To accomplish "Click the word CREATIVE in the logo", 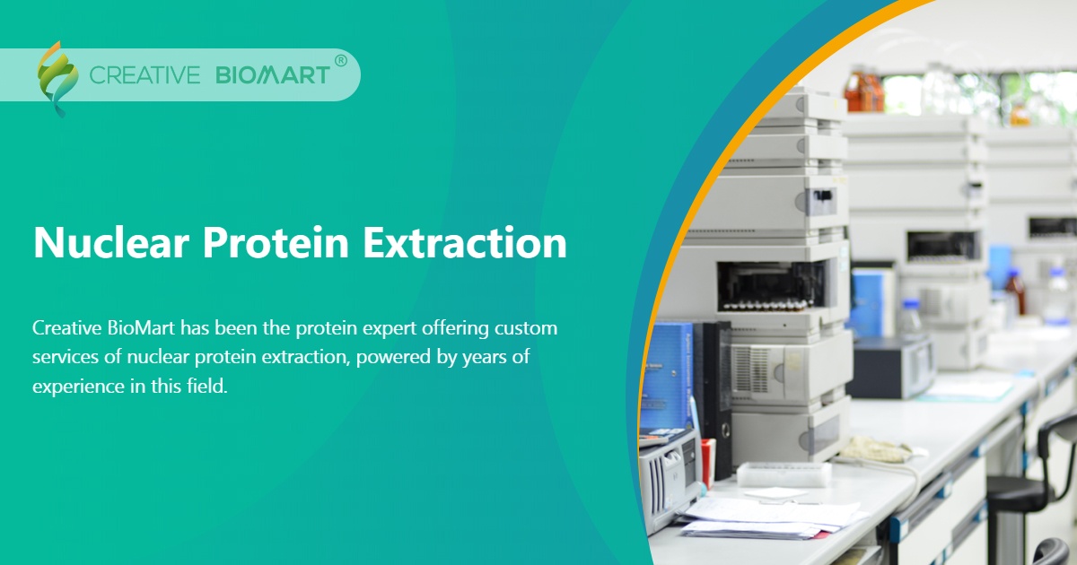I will pos(144,75).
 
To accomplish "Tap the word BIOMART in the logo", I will pos(273,75).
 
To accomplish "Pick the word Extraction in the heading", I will pos(466,243).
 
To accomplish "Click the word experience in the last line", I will pos(76,387).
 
